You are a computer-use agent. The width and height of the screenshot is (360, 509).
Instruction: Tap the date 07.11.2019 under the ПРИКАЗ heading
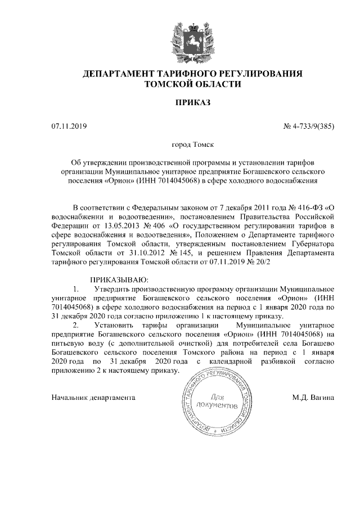click(x=66, y=126)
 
